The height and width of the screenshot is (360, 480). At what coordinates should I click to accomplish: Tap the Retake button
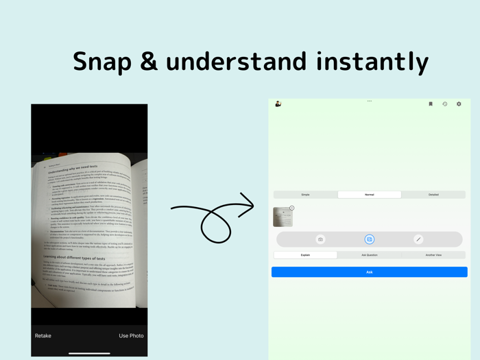(43, 336)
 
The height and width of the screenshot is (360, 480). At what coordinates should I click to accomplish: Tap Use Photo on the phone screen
(131, 336)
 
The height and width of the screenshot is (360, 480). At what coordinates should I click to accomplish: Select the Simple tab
(305, 195)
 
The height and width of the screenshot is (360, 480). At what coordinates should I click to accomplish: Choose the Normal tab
(369, 195)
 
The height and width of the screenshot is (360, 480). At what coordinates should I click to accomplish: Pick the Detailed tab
(433, 195)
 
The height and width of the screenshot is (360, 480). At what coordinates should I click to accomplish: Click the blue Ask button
(369, 272)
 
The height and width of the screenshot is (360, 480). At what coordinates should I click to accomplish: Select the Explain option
(305, 255)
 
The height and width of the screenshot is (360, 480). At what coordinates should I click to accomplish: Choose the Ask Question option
(369, 255)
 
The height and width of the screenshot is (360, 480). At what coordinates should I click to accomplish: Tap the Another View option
(433, 255)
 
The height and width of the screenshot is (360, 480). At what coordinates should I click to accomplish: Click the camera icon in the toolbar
(320, 239)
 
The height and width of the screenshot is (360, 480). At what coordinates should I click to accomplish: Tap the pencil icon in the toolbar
(418, 239)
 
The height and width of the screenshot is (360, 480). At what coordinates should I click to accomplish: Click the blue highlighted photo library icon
(369, 239)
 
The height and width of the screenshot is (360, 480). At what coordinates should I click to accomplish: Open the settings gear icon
(459, 104)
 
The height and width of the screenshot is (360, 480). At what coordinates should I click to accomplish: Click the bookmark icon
(431, 104)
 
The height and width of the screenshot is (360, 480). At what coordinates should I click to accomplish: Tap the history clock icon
(444, 104)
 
